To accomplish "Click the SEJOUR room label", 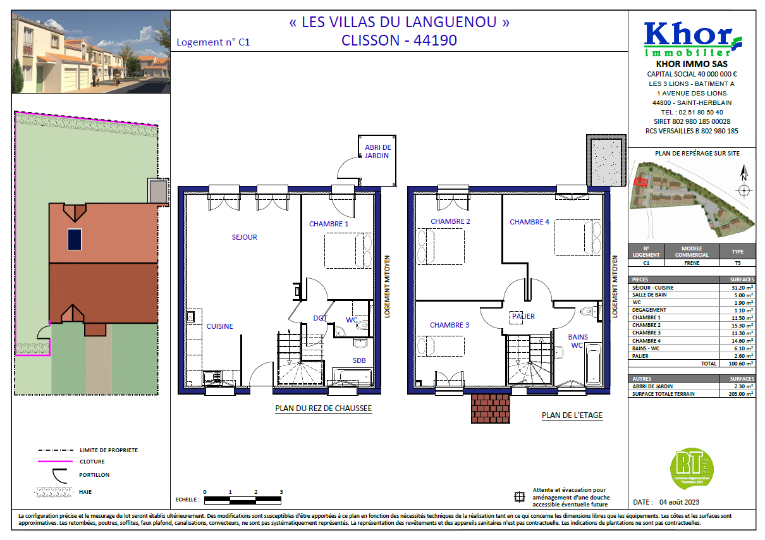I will click(244, 237).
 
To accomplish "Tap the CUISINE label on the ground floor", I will click(219, 326).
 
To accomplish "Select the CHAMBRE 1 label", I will click(329, 224).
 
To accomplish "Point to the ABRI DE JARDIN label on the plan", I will click(377, 151).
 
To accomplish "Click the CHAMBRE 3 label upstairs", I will click(450, 325).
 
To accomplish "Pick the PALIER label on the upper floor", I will click(523, 316).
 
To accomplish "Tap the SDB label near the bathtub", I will click(359, 360).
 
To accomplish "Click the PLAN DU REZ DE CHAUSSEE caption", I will click(323, 408).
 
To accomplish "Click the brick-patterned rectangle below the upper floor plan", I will click(491, 408).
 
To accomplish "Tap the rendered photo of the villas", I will click(91, 51).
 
